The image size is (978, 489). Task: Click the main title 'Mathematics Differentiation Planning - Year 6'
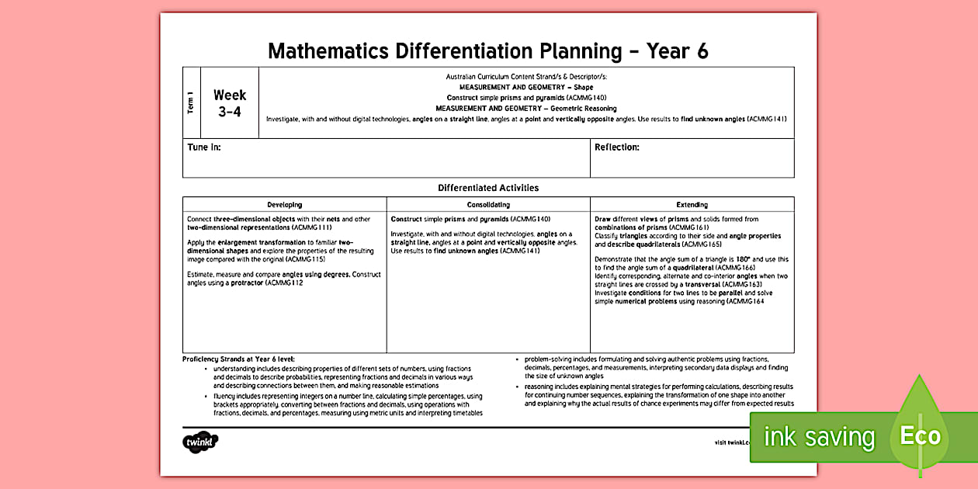pyautogui.click(x=487, y=51)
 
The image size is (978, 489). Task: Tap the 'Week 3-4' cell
pyautogui.click(x=230, y=103)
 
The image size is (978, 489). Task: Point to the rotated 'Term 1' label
pyautogui.click(x=191, y=103)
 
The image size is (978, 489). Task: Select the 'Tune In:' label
pyautogui.click(x=204, y=147)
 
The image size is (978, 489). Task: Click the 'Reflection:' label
pyautogui.click(x=616, y=147)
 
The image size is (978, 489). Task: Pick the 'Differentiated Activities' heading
pyautogui.click(x=487, y=188)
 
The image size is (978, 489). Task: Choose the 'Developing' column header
pyautogui.click(x=285, y=205)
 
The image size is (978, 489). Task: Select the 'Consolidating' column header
pyautogui.click(x=488, y=205)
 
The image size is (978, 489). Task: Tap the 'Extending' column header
pyautogui.click(x=692, y=205)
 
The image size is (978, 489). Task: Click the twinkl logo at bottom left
pyautogui.click(x=200, y=442)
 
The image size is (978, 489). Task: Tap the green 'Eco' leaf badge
pyautogui.click(x=920, y=435)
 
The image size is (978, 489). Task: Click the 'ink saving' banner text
pyautogui.click(x=819, y=437)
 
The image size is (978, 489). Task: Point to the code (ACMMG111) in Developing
pyautogui.click(x=314, y=228)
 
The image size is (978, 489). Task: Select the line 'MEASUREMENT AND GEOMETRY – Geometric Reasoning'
pyautogui.click(x=525, y=109)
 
